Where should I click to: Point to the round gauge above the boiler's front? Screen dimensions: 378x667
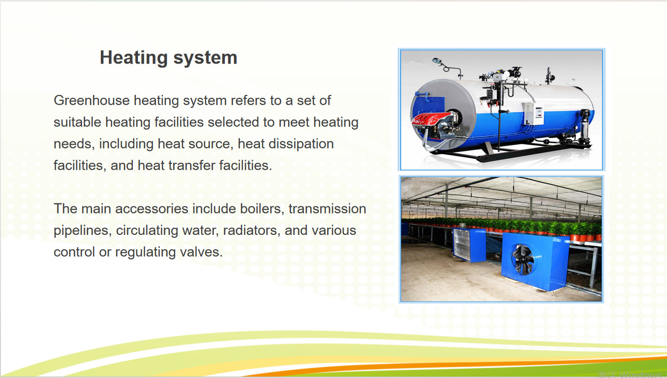coord(437,61)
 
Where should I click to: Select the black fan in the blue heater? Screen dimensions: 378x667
coord(522,259)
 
